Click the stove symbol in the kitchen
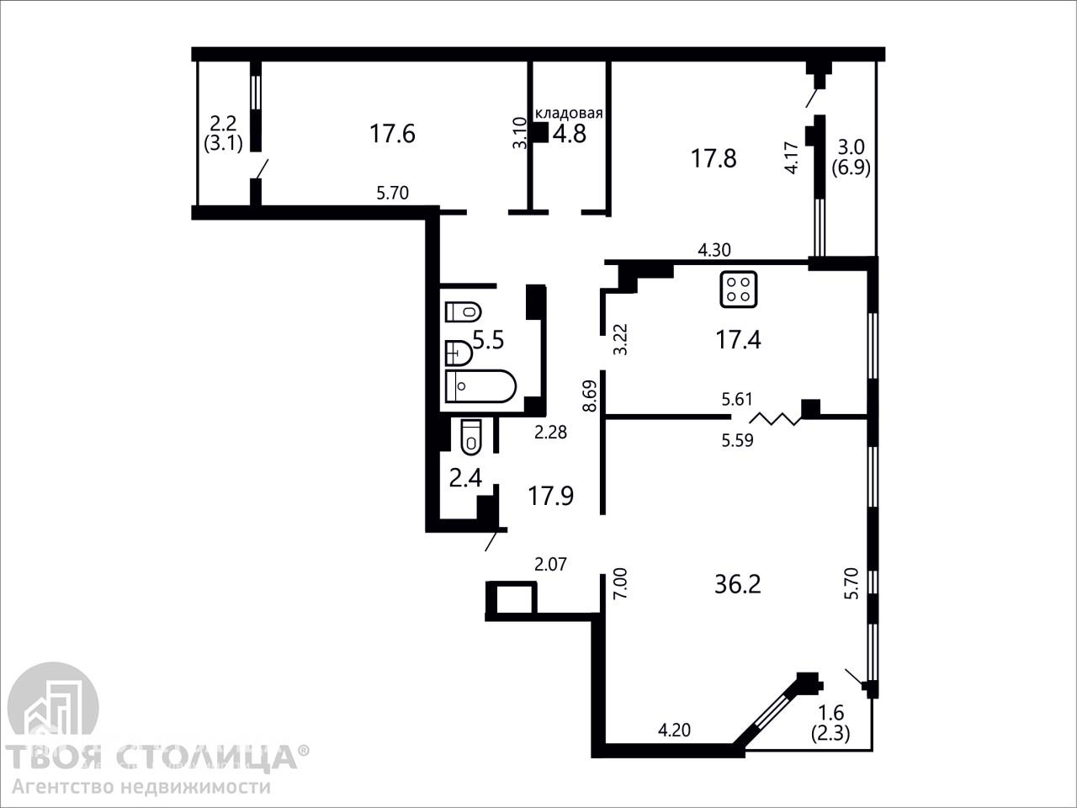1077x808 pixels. tap(739, 289)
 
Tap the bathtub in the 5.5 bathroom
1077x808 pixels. tap(480, 386)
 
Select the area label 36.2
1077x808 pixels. tap(737, 585)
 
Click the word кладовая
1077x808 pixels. tap(569, 114)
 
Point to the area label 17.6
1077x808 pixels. tap(393, 134)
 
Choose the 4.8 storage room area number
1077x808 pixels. tap(569, 134)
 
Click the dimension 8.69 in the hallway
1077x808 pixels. tap(589, 396)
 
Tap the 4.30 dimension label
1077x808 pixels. tap(714, 250)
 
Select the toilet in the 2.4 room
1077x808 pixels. tap(471, 437)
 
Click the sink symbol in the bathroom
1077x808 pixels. tap(459, 353)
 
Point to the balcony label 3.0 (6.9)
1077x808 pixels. tap(851, 157)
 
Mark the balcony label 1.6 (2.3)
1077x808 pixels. tap(830, 723)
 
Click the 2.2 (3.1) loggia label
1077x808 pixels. tap(223, 134)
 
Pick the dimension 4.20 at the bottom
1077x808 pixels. tap(674, 731)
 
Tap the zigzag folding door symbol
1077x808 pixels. tap(775, 418)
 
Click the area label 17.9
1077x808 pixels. tap(550, 496)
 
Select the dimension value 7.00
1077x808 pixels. tap(621, 582)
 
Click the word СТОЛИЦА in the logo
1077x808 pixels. tap(212, 756)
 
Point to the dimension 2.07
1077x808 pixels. tap(550, 564)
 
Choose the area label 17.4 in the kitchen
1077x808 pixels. tap(738, 339)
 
